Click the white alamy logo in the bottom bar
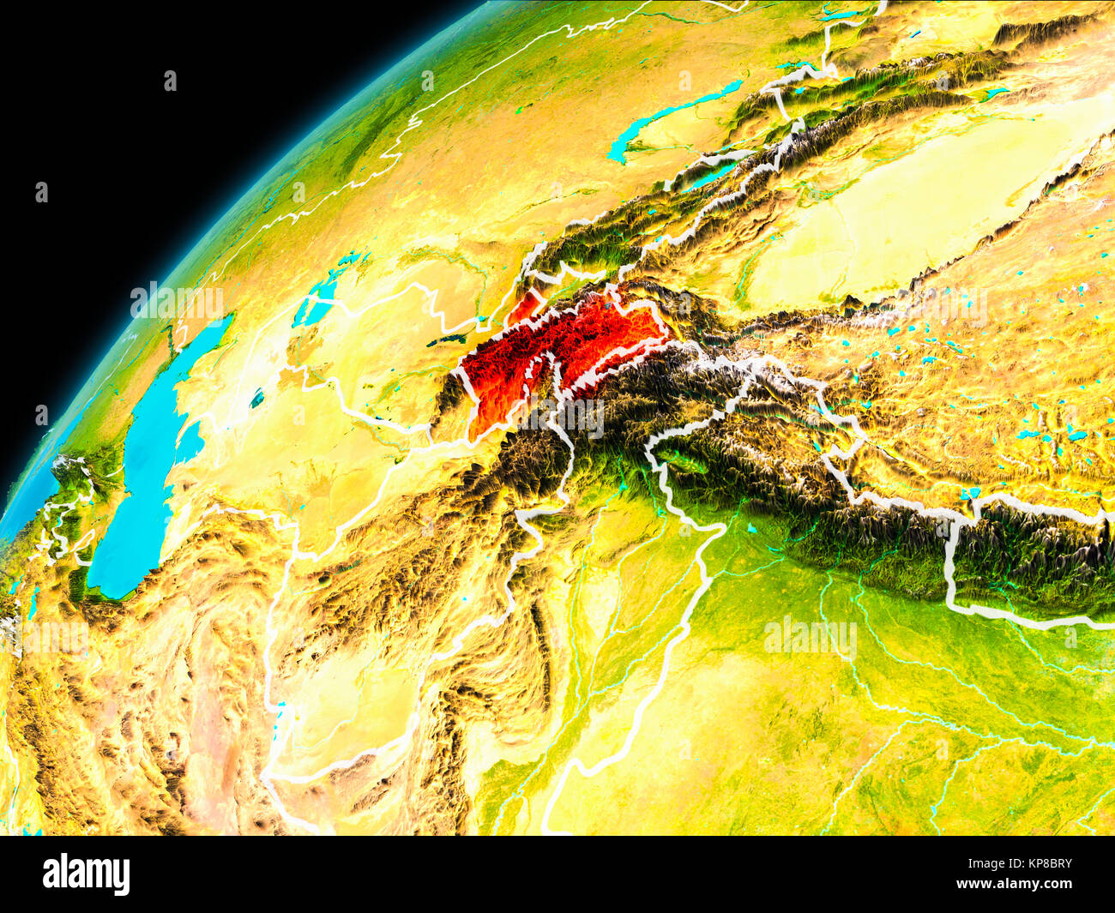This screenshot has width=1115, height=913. click(87, 874)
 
